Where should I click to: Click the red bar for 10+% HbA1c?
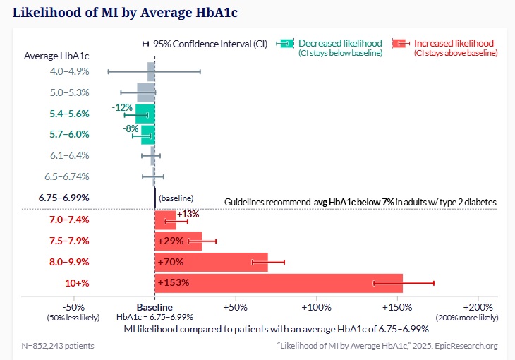pyautogui.click(x=279, y=283)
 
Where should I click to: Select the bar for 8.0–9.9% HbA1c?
pyautogui.click(x=212, y=262)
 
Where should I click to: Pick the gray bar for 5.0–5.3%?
pyautogui.click(x=146, y=92)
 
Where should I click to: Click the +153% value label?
pyautogui.click(x=174, y=283)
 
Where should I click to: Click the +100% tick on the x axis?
pyautogui.click(x=315, y=308)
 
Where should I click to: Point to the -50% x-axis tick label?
pyautogui.click(x=74, y=308)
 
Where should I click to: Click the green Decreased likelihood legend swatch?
pyautogui.click(x=286, y=43)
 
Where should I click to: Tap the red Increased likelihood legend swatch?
pyautogui.click(x=401, y=43)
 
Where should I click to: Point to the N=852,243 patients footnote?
pyautogui.click(x=58, y=346)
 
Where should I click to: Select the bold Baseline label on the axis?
pyautogui.click(x=154, y=308)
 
